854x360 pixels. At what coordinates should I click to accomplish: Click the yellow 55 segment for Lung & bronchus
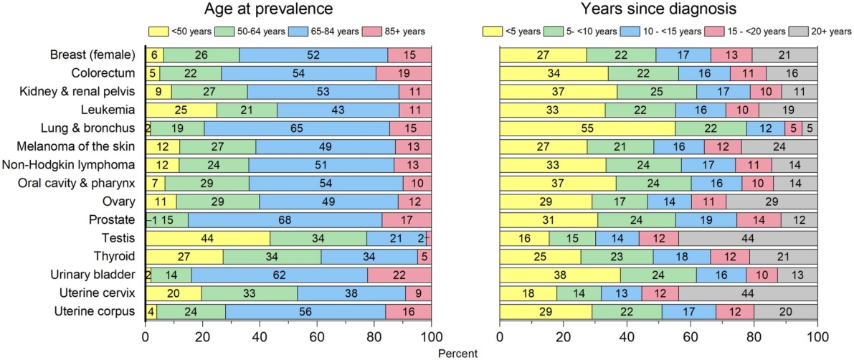[587, 129]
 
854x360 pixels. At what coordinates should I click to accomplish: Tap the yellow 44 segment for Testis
[208, 238]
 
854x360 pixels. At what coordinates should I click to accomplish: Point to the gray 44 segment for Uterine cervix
[748, 293]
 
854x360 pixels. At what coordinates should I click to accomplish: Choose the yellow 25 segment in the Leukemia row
[181, 110]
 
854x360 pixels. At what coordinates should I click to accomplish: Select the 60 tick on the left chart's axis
[318, 336]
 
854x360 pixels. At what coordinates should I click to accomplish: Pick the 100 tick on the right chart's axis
[817, 336]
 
